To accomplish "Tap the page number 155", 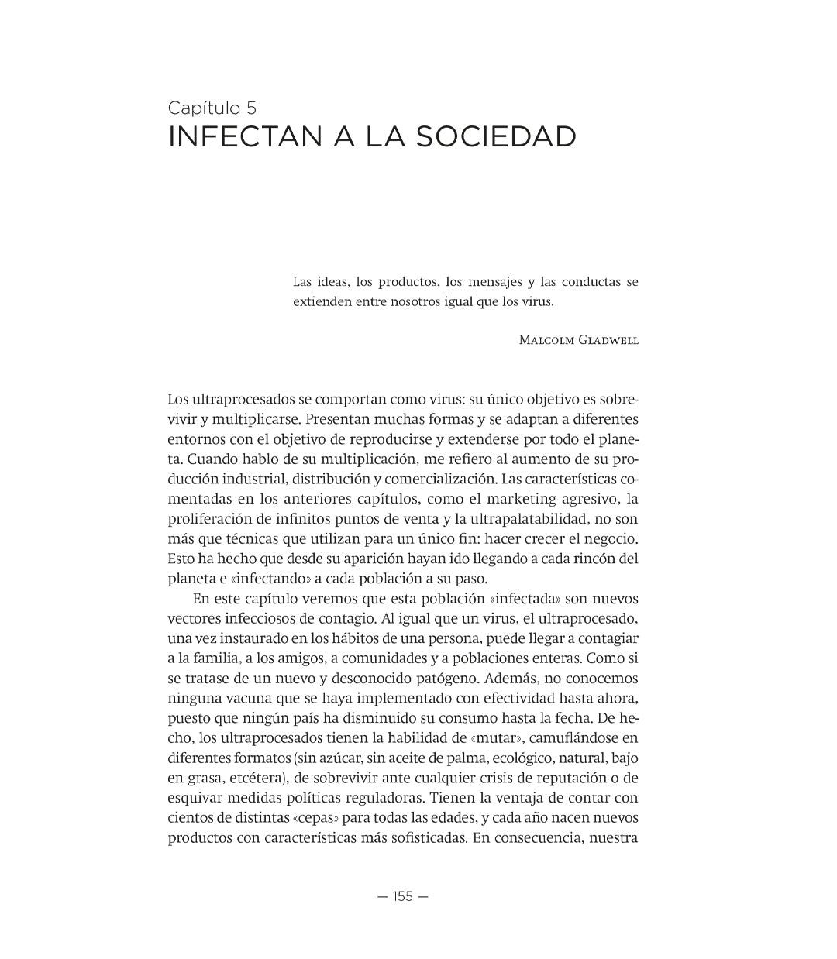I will tap(403, 896).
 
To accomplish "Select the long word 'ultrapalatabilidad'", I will tap(534, 519).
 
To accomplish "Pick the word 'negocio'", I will tap(610, 538).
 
